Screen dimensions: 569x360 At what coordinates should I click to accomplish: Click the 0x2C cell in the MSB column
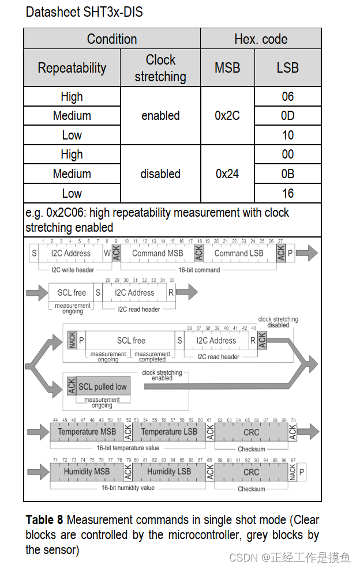(x=227, y=116)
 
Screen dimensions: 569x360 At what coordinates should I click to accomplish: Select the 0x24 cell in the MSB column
(x=227, y=174)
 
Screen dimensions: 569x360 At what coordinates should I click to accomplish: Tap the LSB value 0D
(x=287, y=116)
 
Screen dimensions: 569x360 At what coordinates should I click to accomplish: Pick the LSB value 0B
(x=287, y=174)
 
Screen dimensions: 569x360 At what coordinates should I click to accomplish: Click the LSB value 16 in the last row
(x=287, y=193)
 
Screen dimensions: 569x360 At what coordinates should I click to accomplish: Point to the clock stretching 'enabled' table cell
(x=160, y=116)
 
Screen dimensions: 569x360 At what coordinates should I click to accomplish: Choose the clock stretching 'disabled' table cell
(x=160, y=174)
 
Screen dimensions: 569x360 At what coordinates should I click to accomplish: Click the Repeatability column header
(x=72, y=68)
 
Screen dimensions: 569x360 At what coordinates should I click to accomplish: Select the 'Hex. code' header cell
(x=261, y=39)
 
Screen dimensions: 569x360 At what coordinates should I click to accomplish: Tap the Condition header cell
(x=112, y=39)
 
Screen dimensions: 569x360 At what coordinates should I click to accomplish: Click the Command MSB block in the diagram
(x=157, y=253)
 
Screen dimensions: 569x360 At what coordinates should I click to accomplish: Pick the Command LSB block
(x=239, y=253)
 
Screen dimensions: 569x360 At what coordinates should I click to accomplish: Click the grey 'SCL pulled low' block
(x=102, y=387)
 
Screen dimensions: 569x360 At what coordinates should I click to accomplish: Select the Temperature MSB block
(x=87, y=432)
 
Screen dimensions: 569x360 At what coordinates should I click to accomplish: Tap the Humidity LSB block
(x=169, y=472)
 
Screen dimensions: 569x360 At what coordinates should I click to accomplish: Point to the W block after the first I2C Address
(x=107, y=253)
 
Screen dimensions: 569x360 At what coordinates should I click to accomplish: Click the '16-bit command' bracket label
(x=199, y=270)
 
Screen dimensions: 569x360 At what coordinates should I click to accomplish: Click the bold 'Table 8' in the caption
(x=44, y=520)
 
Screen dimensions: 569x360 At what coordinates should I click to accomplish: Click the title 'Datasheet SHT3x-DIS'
(x=84, y=12)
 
